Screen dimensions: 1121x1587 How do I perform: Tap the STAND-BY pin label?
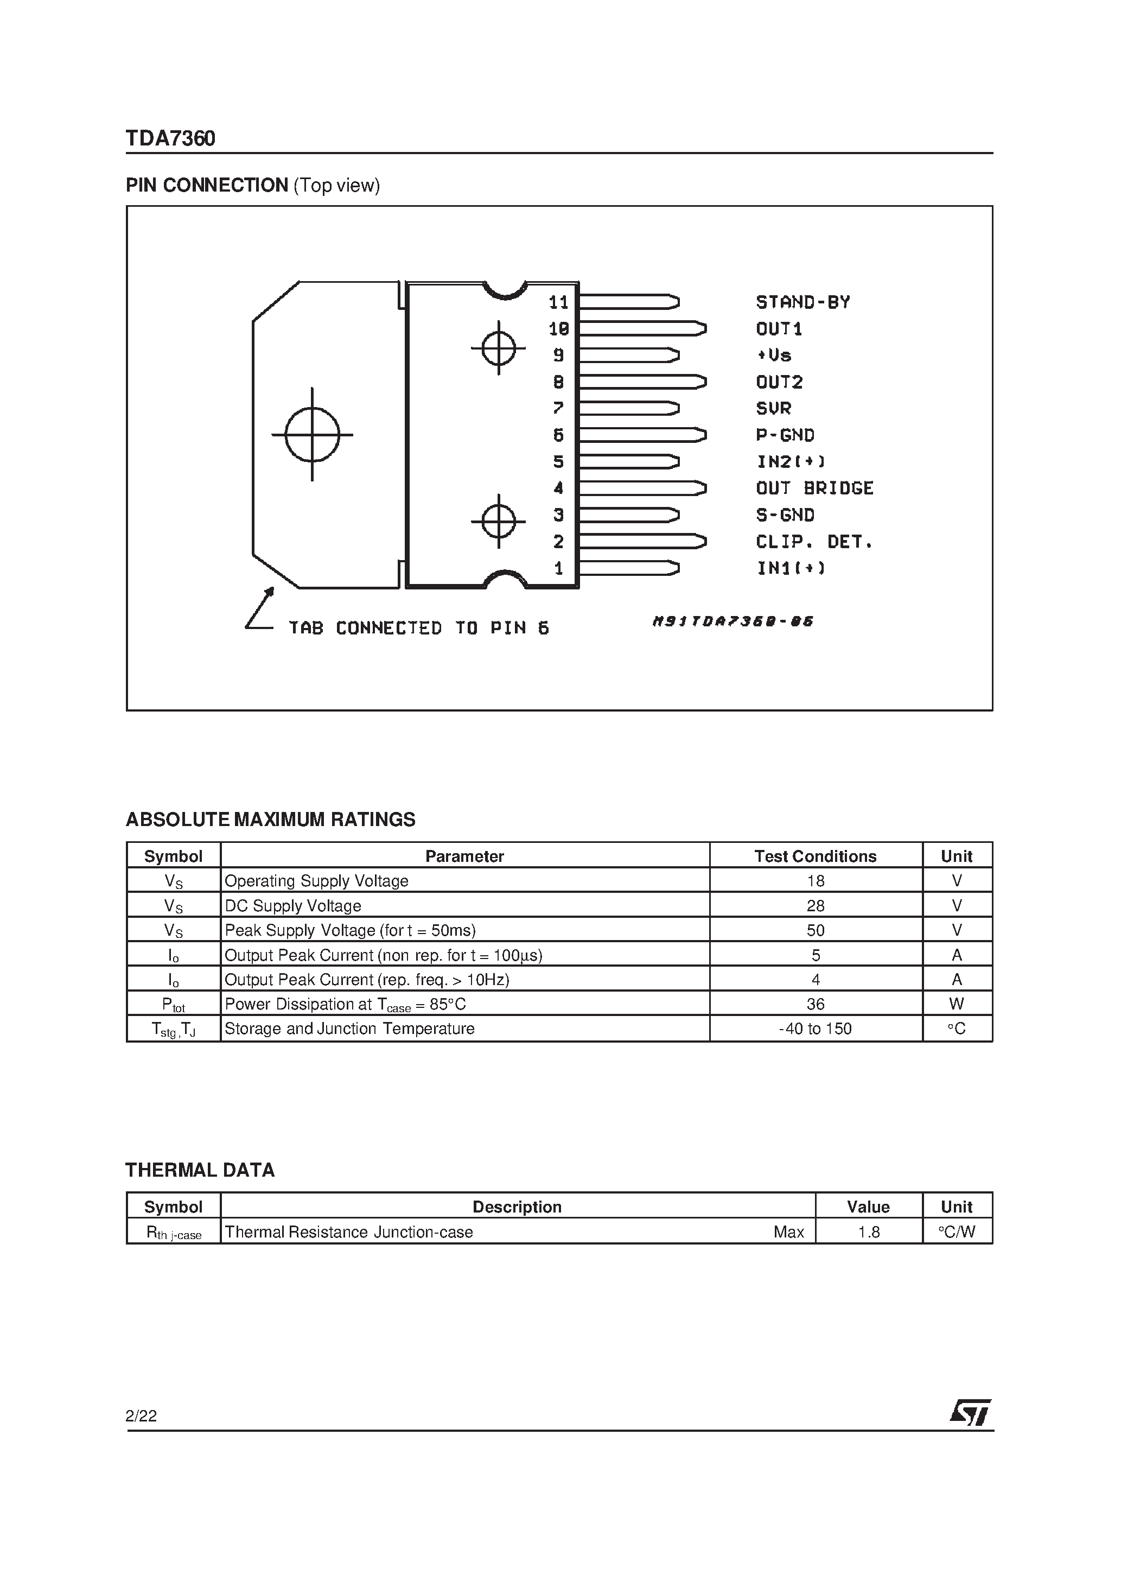click(x=802, y=302)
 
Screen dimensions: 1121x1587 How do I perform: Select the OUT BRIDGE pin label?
click(x=814, y=488)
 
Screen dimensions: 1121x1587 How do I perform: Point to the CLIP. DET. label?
click(x=814, y=541)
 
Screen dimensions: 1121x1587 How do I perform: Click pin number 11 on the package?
click(x=558, y=302)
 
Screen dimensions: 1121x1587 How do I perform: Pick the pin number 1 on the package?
click(x=558, y=568)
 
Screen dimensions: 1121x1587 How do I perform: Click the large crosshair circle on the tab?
click(x=313, y=434)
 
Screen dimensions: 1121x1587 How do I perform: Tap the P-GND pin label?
click(x=785, y=435)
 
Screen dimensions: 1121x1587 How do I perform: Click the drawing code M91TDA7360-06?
click(x=733, y=621)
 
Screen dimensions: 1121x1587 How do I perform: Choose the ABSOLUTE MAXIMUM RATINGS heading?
click(x=270, y=819)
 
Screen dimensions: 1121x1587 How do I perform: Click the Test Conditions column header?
click(x=815, y=856)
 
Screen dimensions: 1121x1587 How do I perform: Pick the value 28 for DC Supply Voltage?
click(x=816, y=905)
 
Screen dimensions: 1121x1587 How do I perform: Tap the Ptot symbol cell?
click(x=174, y=1004)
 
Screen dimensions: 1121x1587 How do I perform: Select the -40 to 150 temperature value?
click(x=815, y=1029)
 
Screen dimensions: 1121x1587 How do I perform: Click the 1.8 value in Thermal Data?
click(x=868, y=1231)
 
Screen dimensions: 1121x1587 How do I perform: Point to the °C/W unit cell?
click(x=957, y=1231)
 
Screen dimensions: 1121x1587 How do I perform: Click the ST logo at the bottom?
click(x=970, y=1413)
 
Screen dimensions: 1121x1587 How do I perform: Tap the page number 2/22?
click(x=141, y=1415)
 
